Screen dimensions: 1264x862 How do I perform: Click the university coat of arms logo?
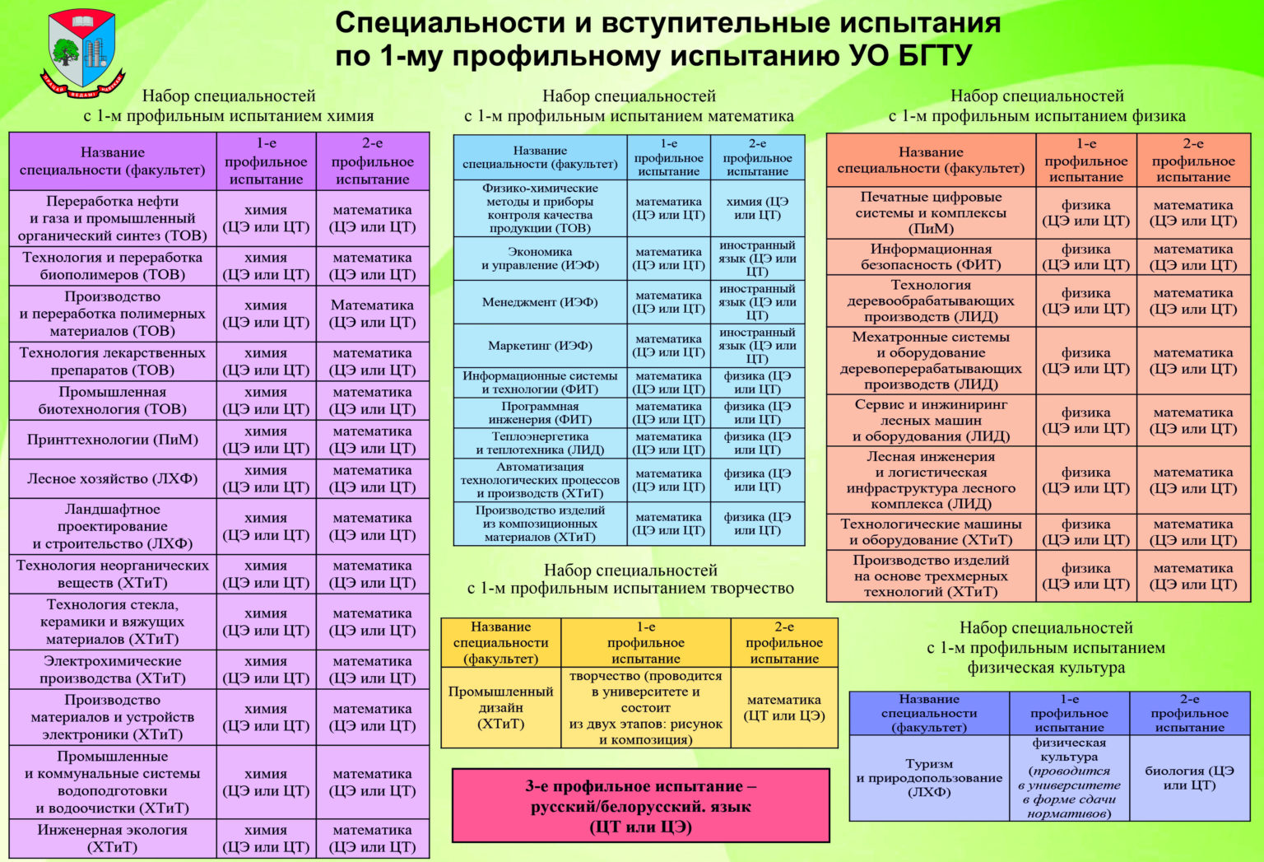click(x=82, y=53)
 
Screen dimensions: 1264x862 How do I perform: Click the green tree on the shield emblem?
click(x=66, y=53)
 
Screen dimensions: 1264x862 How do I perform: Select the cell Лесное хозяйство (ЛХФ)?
click(x=113, y=478)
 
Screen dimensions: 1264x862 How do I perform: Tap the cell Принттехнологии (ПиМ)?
click(x=113, y=440)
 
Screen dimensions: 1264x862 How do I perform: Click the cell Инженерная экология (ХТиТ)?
click(x=113, y=838)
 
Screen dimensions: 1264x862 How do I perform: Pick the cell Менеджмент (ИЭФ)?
click(x=540, y=302)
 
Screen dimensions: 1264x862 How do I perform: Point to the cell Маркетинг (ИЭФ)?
click(x=540, y=346)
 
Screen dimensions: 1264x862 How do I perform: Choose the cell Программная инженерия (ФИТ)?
click(x=540, y=412)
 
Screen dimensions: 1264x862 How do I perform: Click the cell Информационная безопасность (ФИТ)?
click(x=931, y=257)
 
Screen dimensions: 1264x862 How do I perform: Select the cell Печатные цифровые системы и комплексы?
click(x=931, y=212)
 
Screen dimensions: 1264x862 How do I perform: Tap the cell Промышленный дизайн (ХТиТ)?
click(x=501, y=708)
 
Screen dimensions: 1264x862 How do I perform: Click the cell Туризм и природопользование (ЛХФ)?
click(x=929, y=778)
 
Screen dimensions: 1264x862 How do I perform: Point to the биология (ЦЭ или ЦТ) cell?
click(x=1189, y=778)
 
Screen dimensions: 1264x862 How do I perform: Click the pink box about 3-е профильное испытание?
click(x=641, y=805)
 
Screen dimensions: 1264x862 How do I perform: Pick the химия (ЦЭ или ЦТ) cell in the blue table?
click(x=757, y=208)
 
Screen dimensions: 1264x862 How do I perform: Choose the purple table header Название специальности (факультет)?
click(x=113, y=161)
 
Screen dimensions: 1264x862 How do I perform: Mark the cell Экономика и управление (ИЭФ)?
click(x=540, y=259)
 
